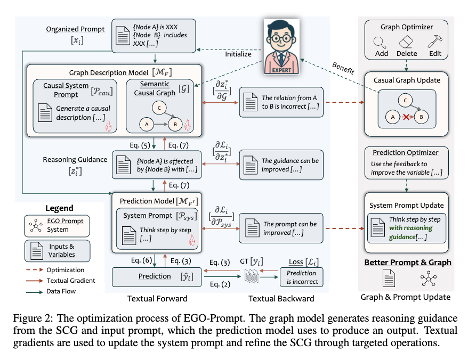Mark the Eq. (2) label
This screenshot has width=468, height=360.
click(220, 284)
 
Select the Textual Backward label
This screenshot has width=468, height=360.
click(281, 298)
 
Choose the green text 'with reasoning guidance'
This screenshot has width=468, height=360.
click(410, 232)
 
